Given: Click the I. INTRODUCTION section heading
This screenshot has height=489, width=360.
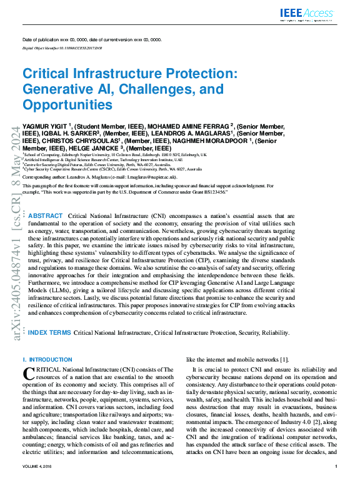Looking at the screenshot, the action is coord(47,360).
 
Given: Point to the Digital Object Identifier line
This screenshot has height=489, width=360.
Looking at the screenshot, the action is coord(62,47).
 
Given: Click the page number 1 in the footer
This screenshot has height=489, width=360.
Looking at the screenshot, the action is coord(336,484).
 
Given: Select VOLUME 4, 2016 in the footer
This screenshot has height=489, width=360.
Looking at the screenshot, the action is coord(39,484).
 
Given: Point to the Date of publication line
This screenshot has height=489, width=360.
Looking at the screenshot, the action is coord(91,39).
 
